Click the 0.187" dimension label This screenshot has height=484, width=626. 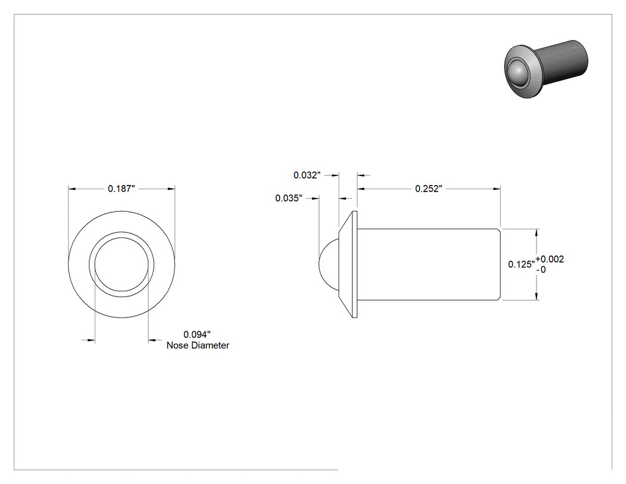point(122,189)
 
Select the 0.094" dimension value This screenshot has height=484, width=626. point(197,334)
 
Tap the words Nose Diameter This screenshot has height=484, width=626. point(198,346)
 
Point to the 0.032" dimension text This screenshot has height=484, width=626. point(307,175)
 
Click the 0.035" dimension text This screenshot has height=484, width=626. point(289,198)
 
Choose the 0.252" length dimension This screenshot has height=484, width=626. point(429,189)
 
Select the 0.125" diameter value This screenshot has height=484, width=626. point(522,264)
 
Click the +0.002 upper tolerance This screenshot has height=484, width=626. point(550,259)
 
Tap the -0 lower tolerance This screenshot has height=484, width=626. point(541,270)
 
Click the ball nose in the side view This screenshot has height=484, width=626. point(328,264)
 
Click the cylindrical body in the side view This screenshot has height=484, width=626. point(429,264)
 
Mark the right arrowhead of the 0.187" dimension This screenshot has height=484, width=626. point(171,189)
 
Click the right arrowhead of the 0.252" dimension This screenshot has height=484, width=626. point(497,189)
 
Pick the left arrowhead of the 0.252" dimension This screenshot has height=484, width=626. point(361,189)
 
